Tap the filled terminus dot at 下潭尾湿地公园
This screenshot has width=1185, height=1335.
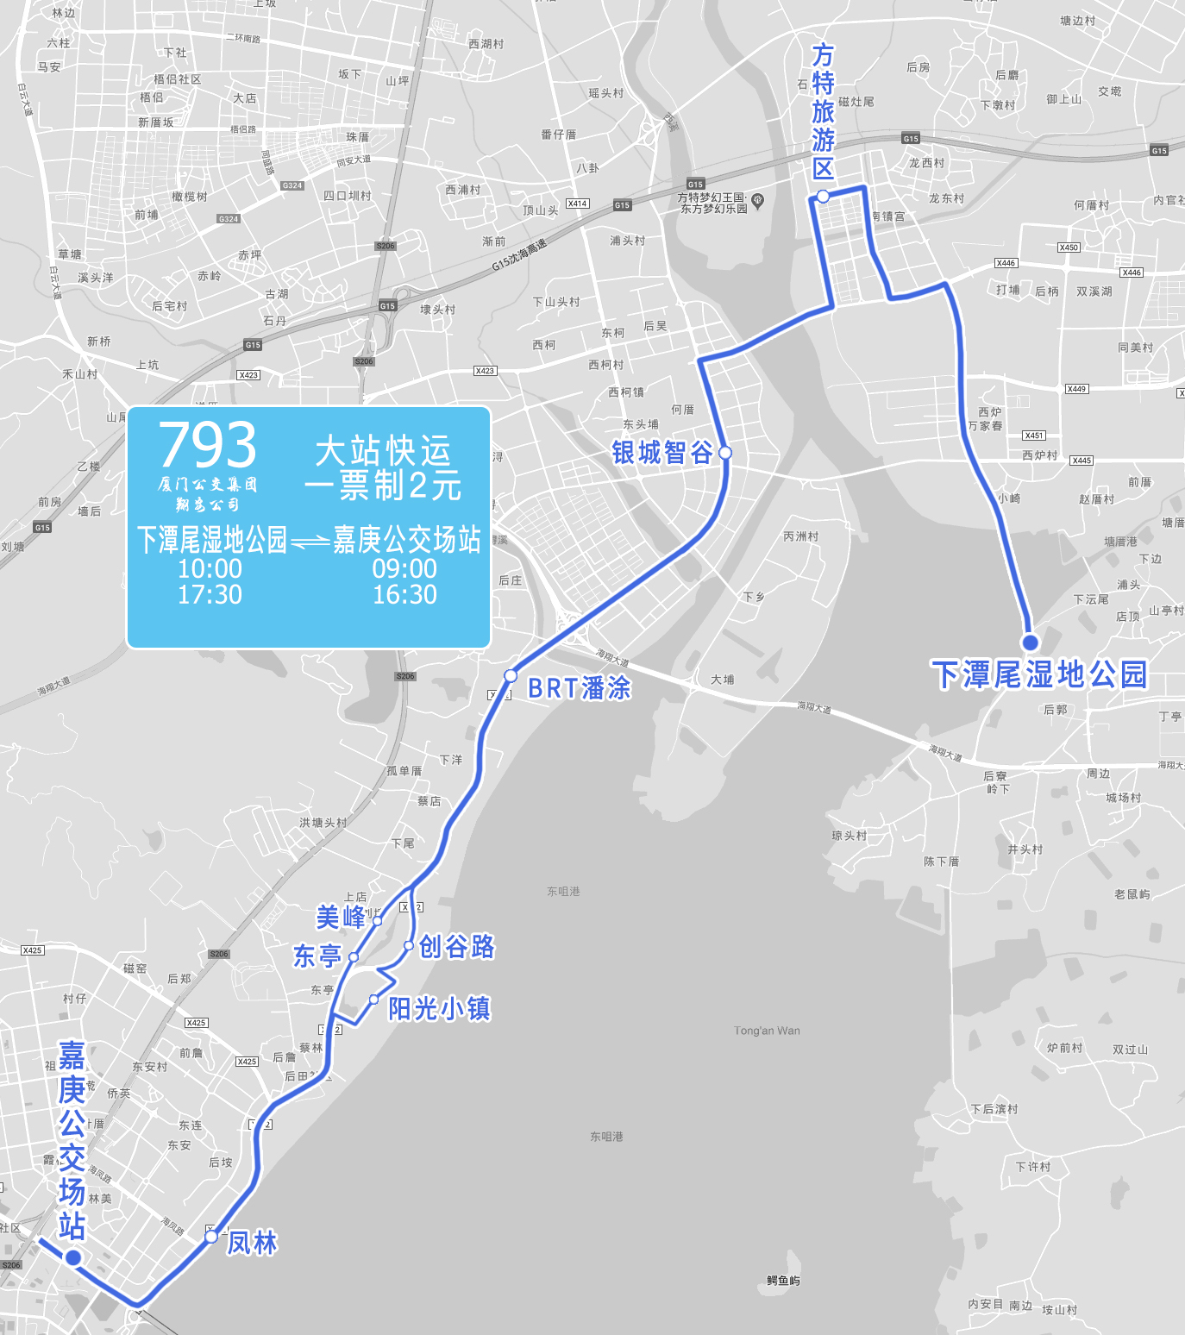point(1030,642)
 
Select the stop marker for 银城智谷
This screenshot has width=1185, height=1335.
point(725,453)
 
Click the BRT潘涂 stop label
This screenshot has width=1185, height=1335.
point(579,688)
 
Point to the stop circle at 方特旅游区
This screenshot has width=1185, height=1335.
point(824,197)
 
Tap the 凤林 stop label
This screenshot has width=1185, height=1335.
point(252,1243)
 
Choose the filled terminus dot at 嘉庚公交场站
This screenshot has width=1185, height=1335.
point(73,1258)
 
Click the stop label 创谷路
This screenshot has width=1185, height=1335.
point(456,947)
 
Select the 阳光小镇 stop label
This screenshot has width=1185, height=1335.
point(439,1008)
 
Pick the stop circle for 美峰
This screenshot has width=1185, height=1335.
point(377,921)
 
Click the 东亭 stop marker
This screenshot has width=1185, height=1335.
point(354,957)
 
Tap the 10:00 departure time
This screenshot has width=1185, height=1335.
point(210,569)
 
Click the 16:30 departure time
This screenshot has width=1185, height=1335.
point(404,595)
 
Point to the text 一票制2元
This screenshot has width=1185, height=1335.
point(383,486)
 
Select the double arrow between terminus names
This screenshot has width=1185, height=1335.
point(310,542)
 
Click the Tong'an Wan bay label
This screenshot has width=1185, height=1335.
point(767,1031)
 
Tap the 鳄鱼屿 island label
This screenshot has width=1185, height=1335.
point(783,1281)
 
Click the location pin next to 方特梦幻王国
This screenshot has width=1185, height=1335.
point(758,201)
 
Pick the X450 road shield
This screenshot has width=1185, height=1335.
point(1069,248)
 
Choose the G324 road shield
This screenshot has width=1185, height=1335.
point(292,185)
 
